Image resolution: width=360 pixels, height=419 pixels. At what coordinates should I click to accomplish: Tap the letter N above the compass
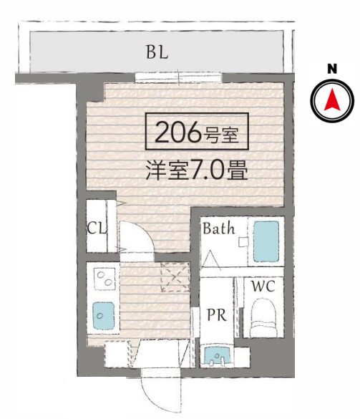(x=332, y=69)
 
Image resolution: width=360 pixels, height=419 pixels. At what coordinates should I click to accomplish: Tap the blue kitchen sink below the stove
(x=103, y=313)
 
